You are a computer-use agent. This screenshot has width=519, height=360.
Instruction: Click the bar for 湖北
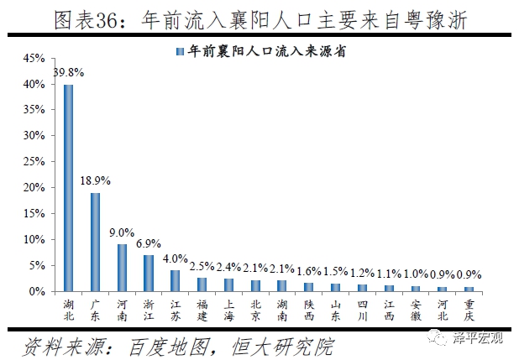click(68, 188)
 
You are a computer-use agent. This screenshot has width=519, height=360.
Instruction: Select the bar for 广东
click(95, 242)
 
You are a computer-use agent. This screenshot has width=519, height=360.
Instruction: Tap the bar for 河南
click(122, 268)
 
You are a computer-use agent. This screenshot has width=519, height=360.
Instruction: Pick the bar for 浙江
click(149, 273)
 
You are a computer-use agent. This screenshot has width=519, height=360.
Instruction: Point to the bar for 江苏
click(176, 280)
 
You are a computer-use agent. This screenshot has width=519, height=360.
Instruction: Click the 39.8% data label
click(68, 73)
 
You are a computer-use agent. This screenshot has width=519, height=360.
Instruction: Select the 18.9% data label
click(96, 181)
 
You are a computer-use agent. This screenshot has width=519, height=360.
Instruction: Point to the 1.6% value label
click(310, 271)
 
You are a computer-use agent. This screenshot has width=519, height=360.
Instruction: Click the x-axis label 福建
click(202, 307)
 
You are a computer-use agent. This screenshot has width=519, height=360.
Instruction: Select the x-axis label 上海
click(229, 307)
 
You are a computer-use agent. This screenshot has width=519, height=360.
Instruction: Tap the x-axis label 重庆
click(470, 307)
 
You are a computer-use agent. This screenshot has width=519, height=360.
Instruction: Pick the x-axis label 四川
click(363, 307)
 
